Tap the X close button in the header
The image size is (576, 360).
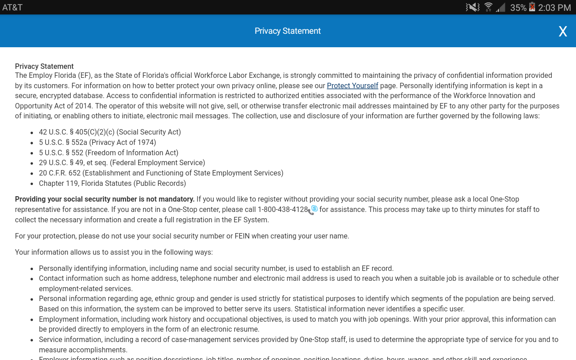tap(562, 31)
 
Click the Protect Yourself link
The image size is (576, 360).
tap(352, 85)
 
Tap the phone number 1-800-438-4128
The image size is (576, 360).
tap(283, 209)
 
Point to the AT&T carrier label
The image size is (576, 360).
tap(12, 7)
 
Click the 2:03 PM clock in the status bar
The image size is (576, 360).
tap(554, 7)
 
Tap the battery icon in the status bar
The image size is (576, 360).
tap(532, 7)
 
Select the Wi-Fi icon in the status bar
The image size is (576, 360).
tap(488, 7)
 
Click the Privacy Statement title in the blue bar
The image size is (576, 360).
tap(288, 31)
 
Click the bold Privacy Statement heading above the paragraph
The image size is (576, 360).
tap(44, 66)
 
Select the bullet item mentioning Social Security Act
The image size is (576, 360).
tap(110, 132)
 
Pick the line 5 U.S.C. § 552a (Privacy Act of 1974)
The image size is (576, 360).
tap(97, 142)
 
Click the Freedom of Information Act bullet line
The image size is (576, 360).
tap(108, 153)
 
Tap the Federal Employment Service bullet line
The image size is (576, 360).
tap(122, 162)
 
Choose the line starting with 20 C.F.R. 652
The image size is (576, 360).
tap(161, 173)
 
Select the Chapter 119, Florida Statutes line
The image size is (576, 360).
tap(112, 183)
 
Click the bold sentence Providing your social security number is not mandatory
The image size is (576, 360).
tap(104, 199)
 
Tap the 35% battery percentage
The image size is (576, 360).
tap(518, 7)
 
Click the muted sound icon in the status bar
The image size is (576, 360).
tap(472, 7)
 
